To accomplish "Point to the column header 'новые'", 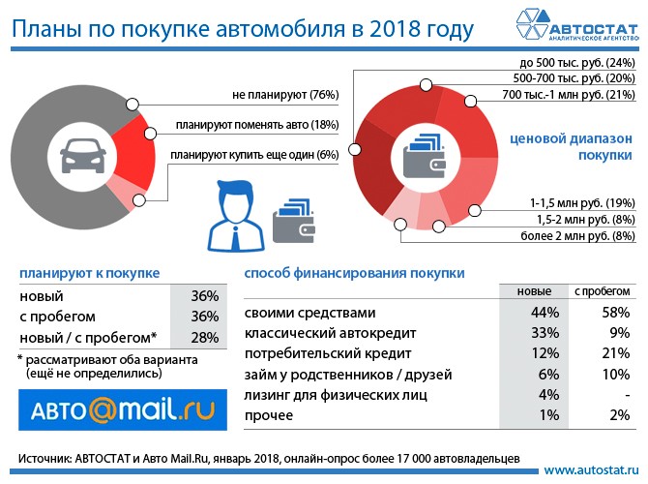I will click(x=530, y=291).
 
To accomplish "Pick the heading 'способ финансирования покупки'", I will click(x=354, y=274).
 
